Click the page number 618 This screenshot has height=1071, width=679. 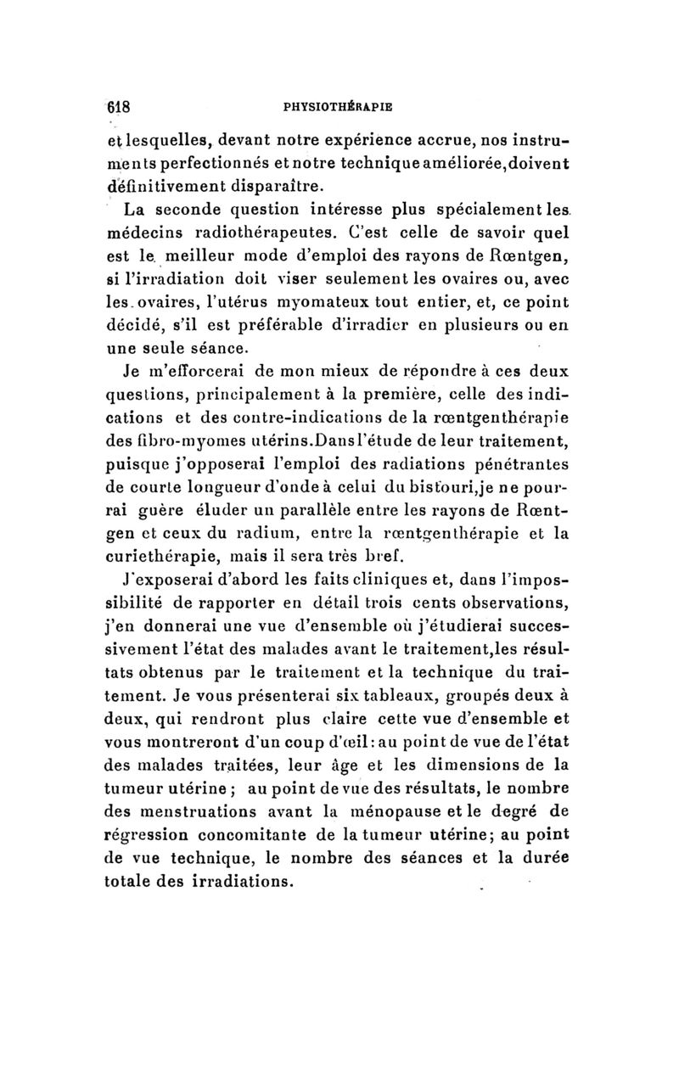click(x=117, y=108)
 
